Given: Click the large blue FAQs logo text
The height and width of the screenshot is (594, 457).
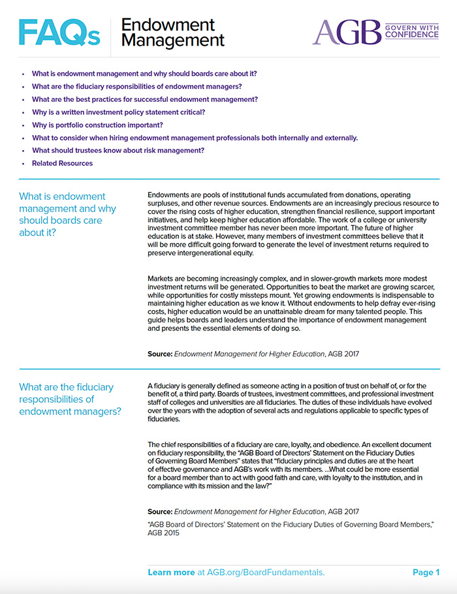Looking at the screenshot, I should click(59, 33).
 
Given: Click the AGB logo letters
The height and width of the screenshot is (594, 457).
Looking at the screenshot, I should click(345, 32).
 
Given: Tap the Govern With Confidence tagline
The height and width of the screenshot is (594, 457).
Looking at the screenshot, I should click(411, 31).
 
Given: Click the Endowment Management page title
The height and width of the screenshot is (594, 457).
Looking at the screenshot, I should click(172, 33).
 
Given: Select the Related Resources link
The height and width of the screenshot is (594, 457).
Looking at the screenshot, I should click(62, 163).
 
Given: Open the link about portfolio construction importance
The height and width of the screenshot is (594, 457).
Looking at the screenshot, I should click(97, 125).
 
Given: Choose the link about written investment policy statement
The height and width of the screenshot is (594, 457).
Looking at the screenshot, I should click(118, 112).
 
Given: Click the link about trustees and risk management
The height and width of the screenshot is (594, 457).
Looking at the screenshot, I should click(118, 150).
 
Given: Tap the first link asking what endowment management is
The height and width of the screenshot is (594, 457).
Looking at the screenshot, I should click(144, 74).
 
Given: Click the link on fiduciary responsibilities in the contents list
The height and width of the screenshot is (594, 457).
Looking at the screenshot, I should click(137, 87).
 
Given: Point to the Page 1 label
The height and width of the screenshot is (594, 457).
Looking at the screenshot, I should click(426, 572).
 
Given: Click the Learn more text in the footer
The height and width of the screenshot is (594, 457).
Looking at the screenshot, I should click(171, 572).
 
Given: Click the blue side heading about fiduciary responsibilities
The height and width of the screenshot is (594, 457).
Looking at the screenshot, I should click(69, 399).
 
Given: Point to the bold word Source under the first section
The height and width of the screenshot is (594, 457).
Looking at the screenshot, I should click(160, 354).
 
